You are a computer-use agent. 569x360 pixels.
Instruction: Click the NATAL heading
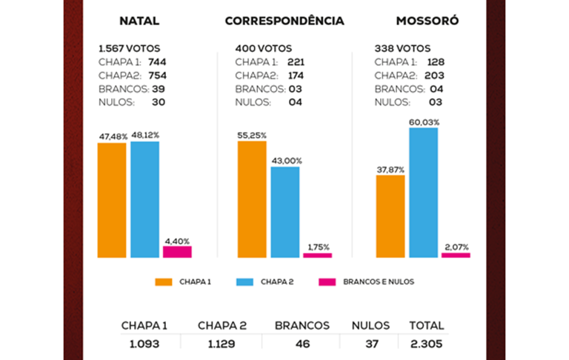point(139,21)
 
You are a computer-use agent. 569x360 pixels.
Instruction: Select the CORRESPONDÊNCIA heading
point(284,21)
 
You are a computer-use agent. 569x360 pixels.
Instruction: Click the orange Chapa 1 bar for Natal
point(112,200)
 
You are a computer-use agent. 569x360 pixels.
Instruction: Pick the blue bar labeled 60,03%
point(423,193)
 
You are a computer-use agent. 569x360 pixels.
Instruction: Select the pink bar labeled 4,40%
point(177,252)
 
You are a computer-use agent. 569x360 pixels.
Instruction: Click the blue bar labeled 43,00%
point(284,212)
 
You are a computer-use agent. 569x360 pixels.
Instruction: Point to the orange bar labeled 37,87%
point(390,216)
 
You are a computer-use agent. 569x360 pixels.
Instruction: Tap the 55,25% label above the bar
point(252,136)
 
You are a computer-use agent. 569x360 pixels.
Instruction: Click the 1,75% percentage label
point(317,247)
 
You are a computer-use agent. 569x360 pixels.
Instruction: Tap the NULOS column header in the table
point(368,325)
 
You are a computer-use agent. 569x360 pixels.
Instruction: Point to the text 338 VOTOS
point(402,48)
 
